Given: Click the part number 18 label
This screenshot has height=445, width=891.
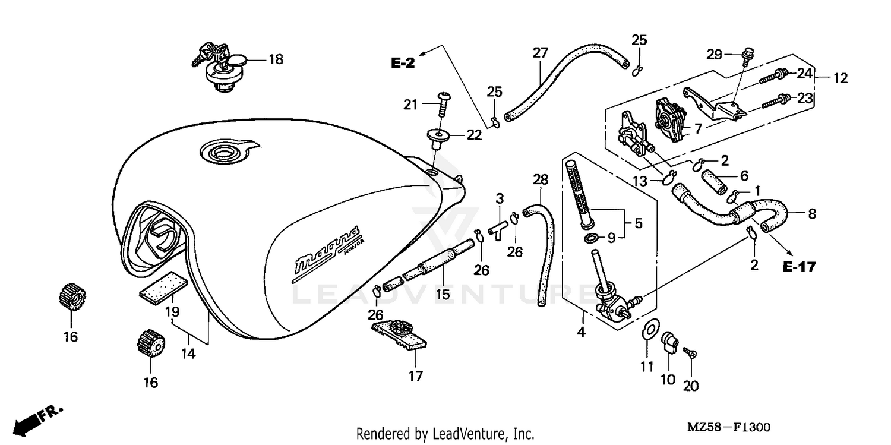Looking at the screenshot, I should pos(276,59).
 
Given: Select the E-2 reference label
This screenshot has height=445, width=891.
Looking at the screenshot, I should pos(403,63).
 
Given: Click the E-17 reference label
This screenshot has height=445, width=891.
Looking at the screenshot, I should pos(799,267).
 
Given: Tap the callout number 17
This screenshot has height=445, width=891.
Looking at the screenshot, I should pos(415,375).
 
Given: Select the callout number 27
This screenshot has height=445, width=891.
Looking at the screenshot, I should pos(539,53).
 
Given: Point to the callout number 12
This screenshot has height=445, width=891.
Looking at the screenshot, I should pos(840,78).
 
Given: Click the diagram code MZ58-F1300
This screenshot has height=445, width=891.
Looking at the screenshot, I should pos(729,427).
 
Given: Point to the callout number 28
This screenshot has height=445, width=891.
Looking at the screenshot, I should pos(540,179).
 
